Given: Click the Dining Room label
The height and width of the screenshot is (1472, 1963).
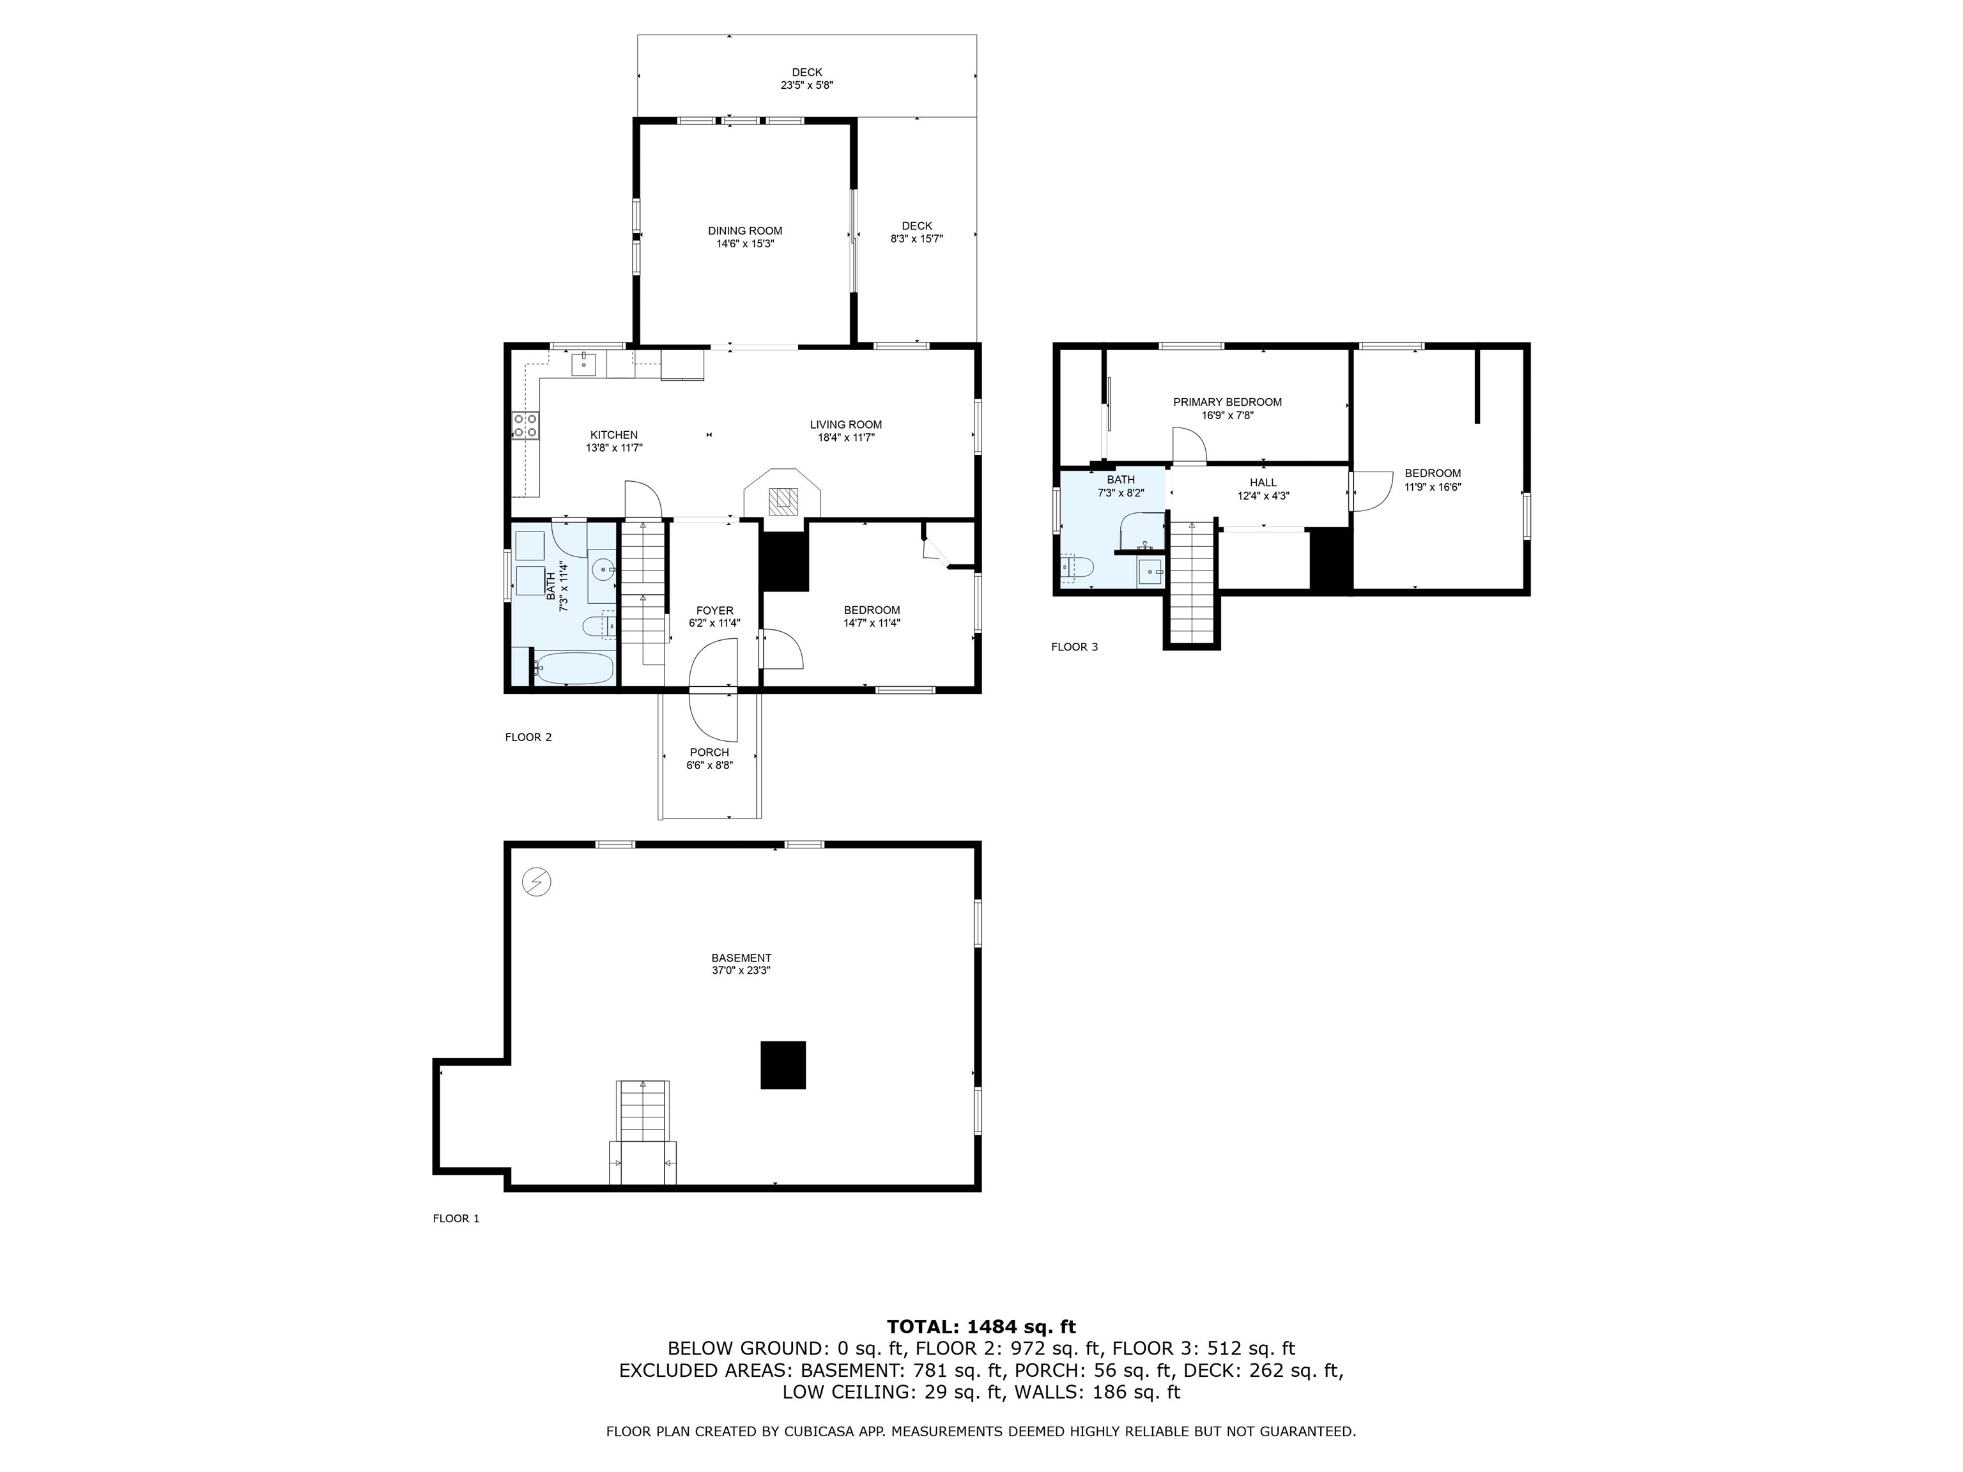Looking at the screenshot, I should pyautogui.click(x=744, y=231).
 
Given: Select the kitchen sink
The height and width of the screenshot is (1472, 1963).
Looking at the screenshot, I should pyautogui.click(x=584, y=363).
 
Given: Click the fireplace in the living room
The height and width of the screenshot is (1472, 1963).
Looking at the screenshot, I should pyautogui.click(x=782, y=502).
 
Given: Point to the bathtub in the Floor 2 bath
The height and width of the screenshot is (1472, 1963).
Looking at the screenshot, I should pyautogui.click(x=573, y=668).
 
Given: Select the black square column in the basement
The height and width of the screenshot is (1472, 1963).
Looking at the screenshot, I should pyautogui.click(x=783, y=1065).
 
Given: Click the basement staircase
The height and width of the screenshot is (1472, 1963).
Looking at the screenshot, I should pyautogui.click(x=642, y=1114).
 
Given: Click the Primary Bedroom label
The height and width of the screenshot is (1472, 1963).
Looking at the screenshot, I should pyautogui.click(x=1228, y=402).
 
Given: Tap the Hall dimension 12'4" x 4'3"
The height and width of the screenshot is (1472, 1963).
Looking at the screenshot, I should pyautogui.click(x=1263, y=496).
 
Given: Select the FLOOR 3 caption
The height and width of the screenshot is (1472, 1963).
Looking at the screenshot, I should pyautogui.click(x=1074, y=647).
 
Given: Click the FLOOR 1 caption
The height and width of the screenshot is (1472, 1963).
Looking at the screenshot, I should pyautogui.click(x=455, y=1218).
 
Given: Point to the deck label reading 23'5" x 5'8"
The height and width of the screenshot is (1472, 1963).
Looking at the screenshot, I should pyautogui.click(x=806, y=86).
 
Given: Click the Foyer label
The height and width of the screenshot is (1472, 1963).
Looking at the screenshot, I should pyautogui.click(x=714, y=610).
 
